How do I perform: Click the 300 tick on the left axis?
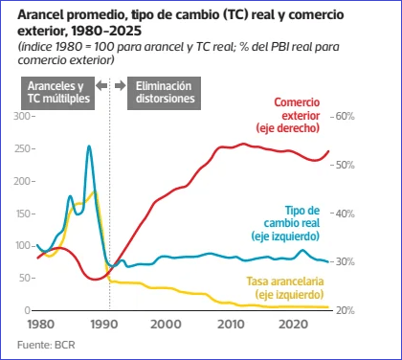22,116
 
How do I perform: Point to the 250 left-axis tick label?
22,148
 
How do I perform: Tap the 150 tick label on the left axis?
23,214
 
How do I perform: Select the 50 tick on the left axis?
25,278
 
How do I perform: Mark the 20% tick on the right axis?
346,310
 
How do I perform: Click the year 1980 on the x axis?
41,325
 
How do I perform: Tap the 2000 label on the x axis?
166,325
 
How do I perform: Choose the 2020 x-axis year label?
294,325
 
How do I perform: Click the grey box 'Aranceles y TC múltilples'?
57,93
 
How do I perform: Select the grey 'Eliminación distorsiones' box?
164,93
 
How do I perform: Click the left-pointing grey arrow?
101,85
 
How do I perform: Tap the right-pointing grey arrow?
121,85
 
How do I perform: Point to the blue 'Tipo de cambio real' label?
285,223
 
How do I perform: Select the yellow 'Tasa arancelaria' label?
285,288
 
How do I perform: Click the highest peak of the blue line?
89,146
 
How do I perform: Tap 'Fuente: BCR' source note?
46,345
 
